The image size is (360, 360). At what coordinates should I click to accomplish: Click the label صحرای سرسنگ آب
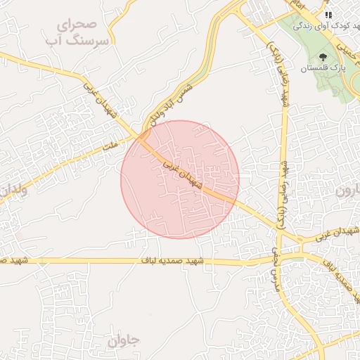84,33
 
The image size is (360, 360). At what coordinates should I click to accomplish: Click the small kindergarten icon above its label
328,13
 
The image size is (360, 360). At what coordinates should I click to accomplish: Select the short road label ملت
109,146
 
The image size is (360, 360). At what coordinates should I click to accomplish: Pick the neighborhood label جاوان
125,341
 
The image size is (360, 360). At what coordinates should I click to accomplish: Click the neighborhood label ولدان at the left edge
13,190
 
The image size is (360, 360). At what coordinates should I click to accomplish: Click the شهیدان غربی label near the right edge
337,234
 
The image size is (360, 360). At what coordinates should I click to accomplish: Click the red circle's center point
180,179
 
